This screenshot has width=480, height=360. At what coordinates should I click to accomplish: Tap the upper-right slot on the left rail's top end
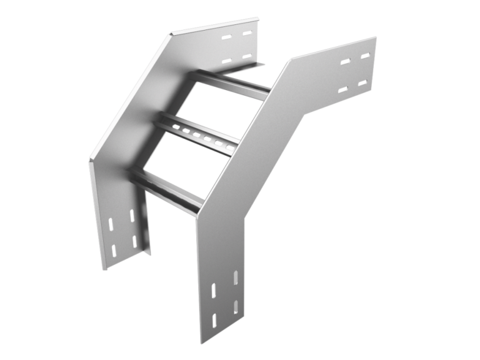pyautogui.click(x=248, y=33)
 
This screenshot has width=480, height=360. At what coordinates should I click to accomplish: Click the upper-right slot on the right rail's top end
pyautogui.click(x=364, y=56)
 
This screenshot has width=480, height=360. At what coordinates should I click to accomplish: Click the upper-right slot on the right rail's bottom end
pyautogui.click(x=236, y=277)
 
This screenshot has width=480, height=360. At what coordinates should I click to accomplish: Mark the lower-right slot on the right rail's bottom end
pyautogui.click(x=236, y=306)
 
